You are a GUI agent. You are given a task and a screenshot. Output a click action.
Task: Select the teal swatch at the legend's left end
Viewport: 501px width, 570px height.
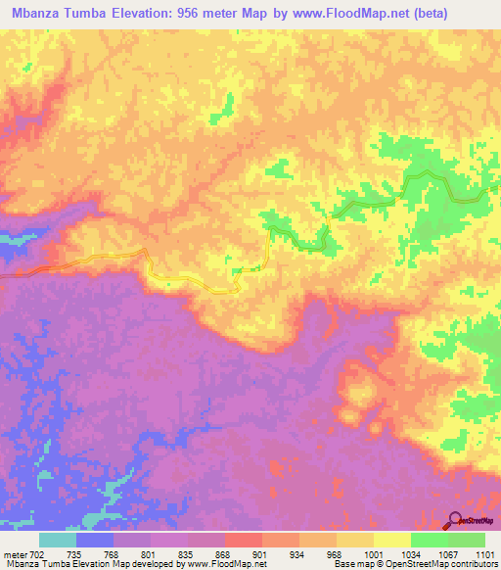coord(58,541)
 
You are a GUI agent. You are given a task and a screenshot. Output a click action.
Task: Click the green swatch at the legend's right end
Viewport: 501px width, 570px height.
coord(467,541)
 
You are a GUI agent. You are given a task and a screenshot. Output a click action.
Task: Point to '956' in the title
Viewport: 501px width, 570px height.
coord(212,13)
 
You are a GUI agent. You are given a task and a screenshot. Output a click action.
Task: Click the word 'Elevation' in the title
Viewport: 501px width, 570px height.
coord(157,13)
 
